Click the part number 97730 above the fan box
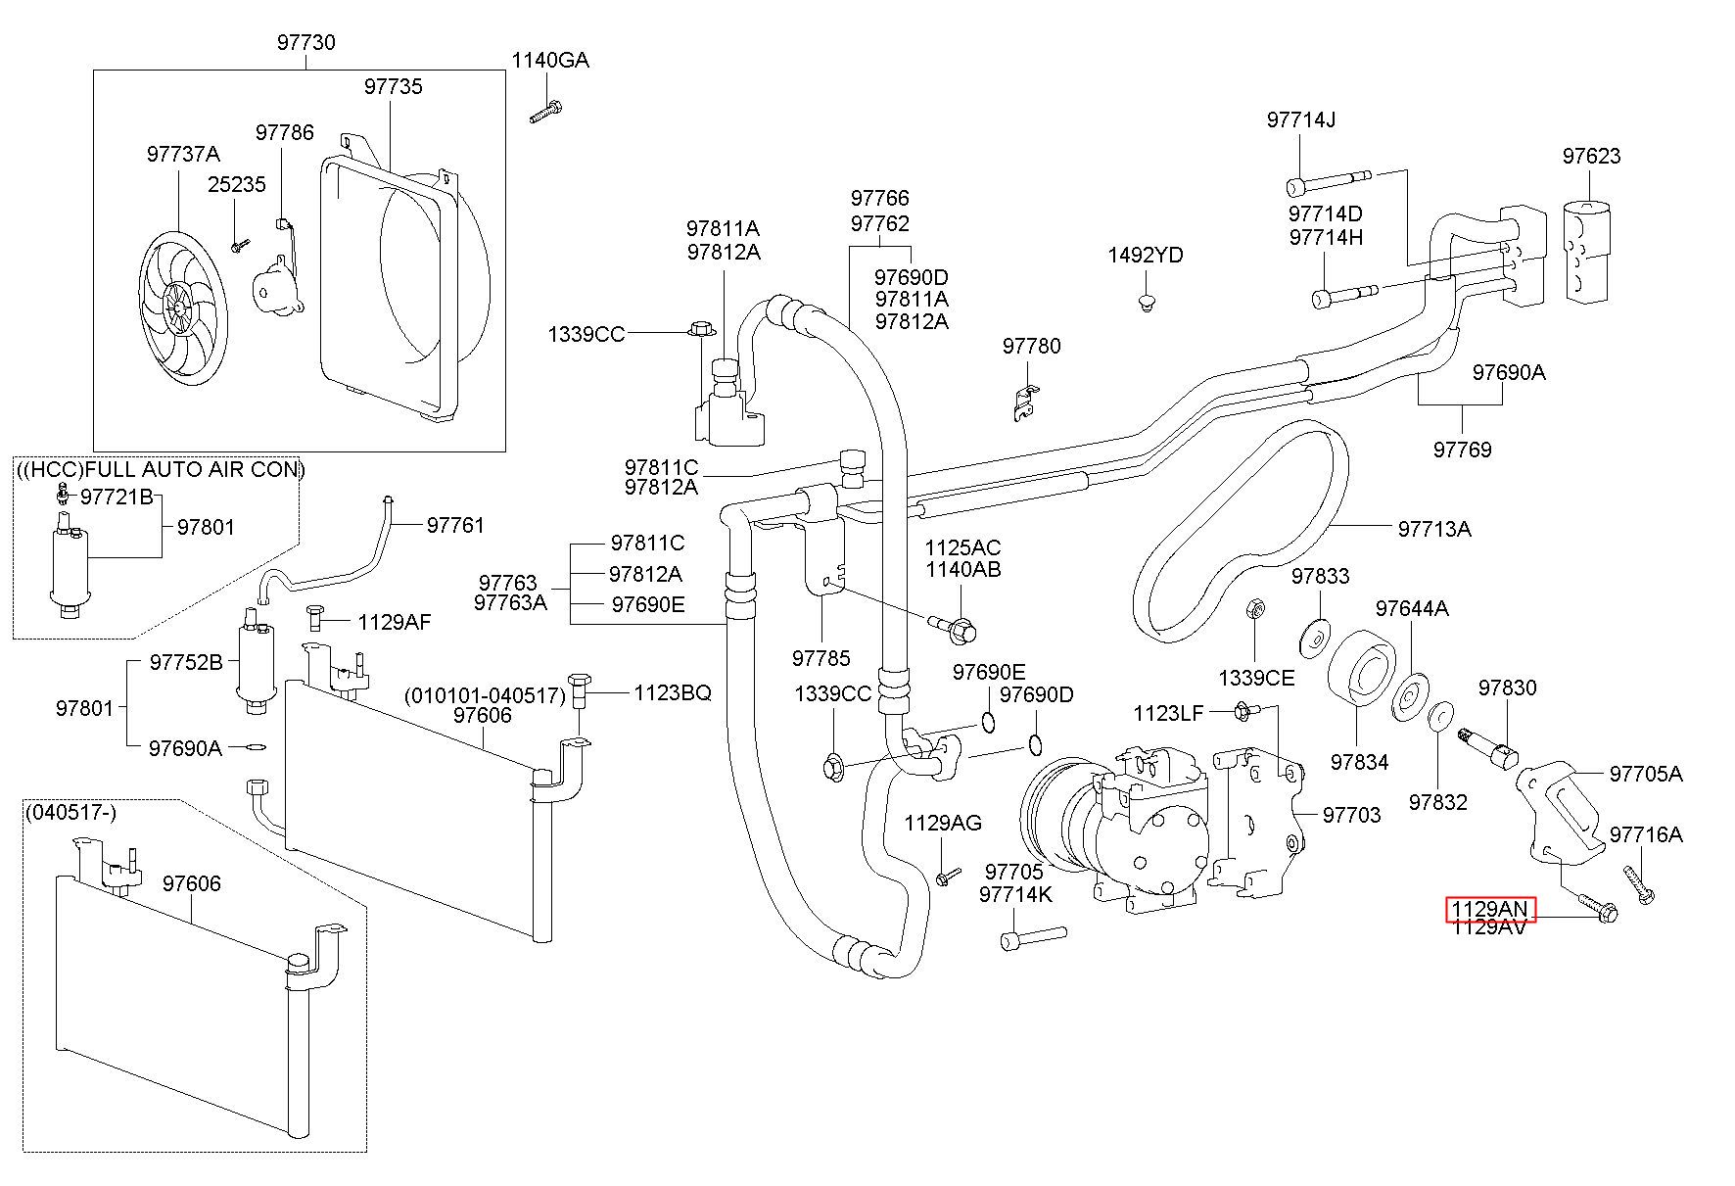pyautogui.click(x=305, y=42)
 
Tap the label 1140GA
pyautogui.click(x=550, y=61)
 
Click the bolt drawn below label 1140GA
pyautogui.click(x=545, y=111)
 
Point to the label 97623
pyautogui.click(x=1591, y=156)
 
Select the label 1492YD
pyautogui.click(x=1146, y=256)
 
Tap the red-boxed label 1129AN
pyautogui.click(x=1491, y=910)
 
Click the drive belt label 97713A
pyautogui.click(x=1434, y=529)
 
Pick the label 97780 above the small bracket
pyautogui.click(x=1031, y=346)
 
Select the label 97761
pyautogui.click(x=455, y=525)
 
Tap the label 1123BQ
pyautogui.click(x=673, y=692)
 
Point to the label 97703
pyautogui.click(x=1351, y=814)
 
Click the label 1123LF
pyautogui.click(x=1168, y=713)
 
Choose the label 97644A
pyautogui.click(x=1412, y=608)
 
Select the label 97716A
pyautogui.click(x=1646, y=834)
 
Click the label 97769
pyautogui.click(x=1463, y=450)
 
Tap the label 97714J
pyautogui.click(x=1301, y=119)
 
